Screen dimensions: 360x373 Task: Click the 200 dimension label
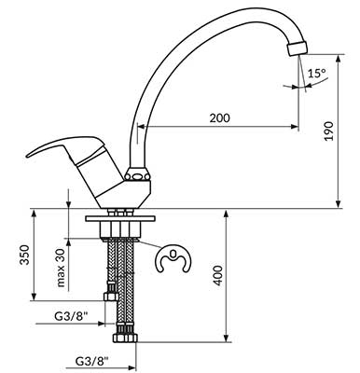pyautogui.click(x=220, y=118)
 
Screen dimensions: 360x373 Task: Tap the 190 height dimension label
pyautogui.click(x=328, y=131)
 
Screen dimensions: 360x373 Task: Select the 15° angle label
pyautogui.click(x=317, y=74)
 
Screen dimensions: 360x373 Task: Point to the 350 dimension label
pyautogui.click(x=24, y=255)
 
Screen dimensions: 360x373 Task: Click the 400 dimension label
pyautogui.click(x=218, y=275)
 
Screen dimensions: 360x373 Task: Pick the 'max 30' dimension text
pyautogui.click(x=61, y=268)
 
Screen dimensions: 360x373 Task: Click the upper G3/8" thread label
pyautogui.click(x=71, y=316)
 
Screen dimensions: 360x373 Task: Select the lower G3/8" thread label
pyautogui.click(x=92, y=361)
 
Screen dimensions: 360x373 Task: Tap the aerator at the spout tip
pyautogui.click(x=298, y=49)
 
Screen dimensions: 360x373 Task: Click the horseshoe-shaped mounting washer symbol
pyautogui.click(x=173, y=259)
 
